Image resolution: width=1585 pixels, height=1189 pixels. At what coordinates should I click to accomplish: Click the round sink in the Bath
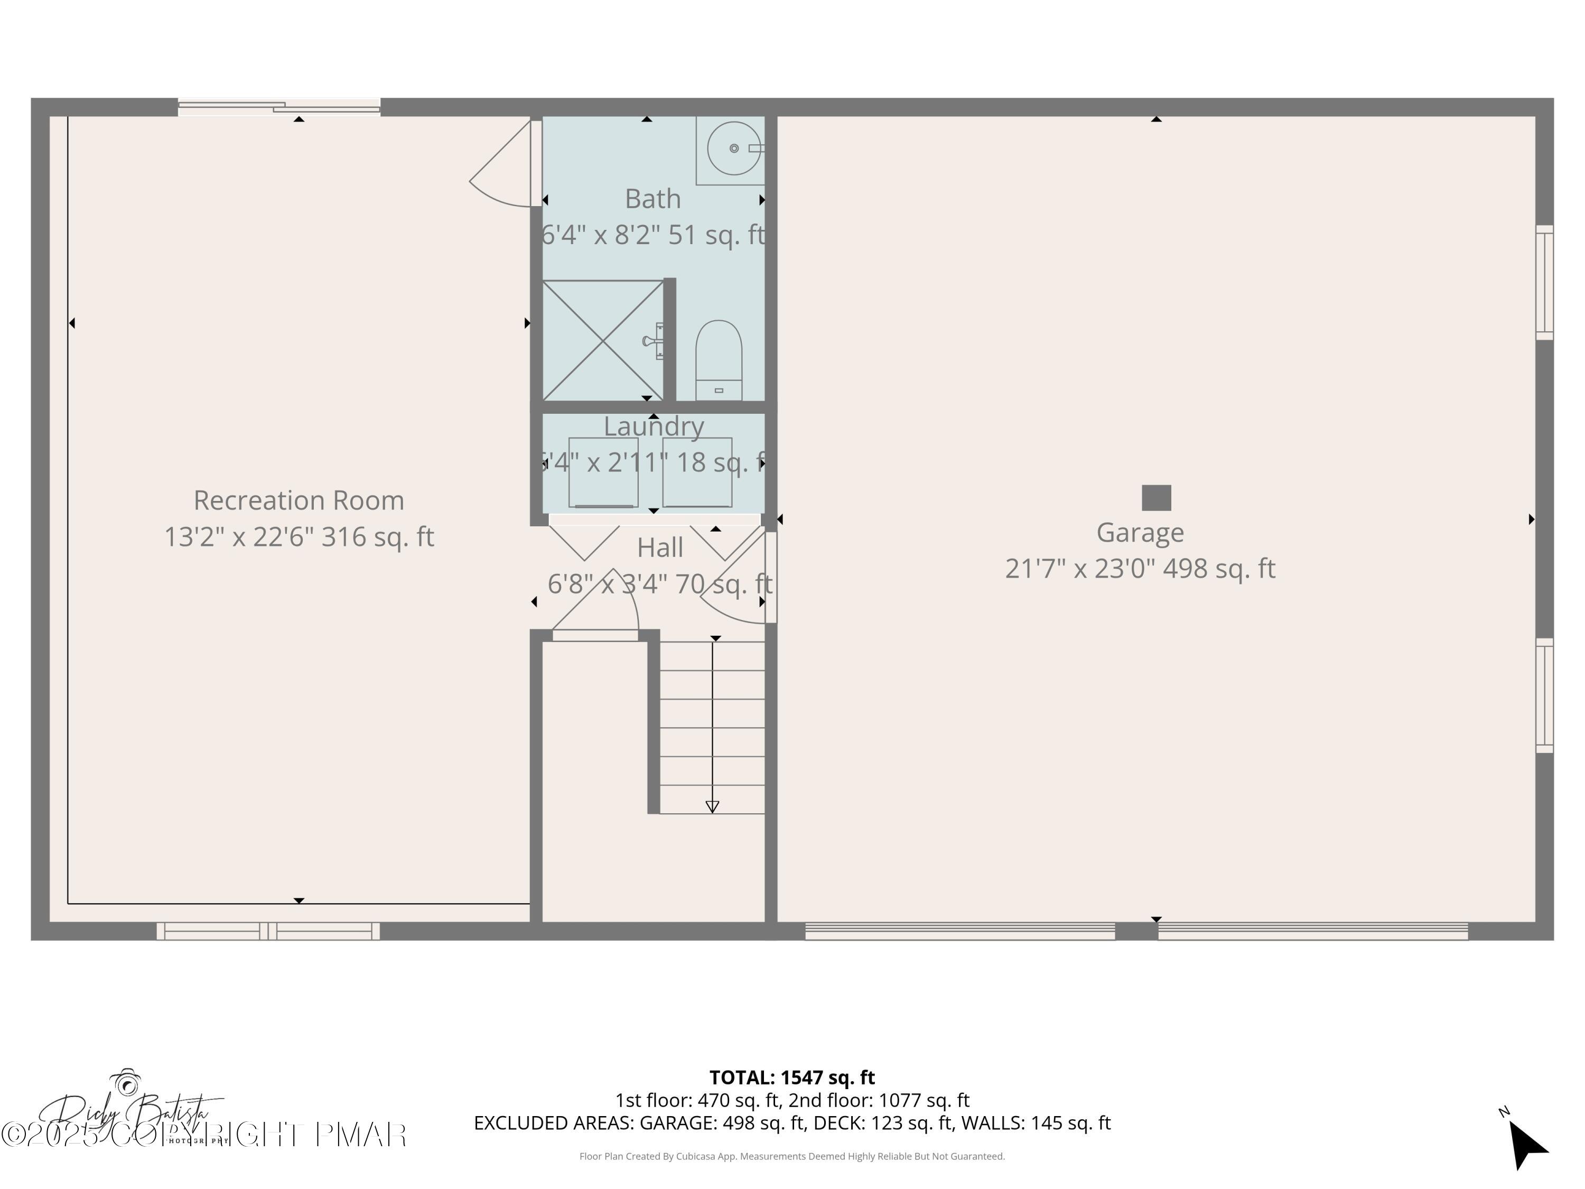(733, 148)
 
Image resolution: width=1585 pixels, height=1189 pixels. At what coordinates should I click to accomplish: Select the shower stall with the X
(603, 340)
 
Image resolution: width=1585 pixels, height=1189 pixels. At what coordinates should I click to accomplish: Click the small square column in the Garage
(1156, 497)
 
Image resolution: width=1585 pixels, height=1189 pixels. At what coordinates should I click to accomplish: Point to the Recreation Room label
(299, 500)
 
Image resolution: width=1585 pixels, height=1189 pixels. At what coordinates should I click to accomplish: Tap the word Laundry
(654, 426)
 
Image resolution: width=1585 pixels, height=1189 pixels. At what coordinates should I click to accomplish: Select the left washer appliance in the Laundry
(603, 472)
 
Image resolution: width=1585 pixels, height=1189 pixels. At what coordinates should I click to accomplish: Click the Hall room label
(659, 547)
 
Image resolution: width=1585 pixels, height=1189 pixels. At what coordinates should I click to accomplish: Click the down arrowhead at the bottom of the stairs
(712, 807)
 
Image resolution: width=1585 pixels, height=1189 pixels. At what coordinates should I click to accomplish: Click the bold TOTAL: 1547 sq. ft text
(792, 1077)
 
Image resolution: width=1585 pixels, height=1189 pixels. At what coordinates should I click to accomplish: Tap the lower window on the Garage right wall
(1544, 695)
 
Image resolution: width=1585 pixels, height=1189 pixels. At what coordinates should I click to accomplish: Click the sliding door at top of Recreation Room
(279, 107)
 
